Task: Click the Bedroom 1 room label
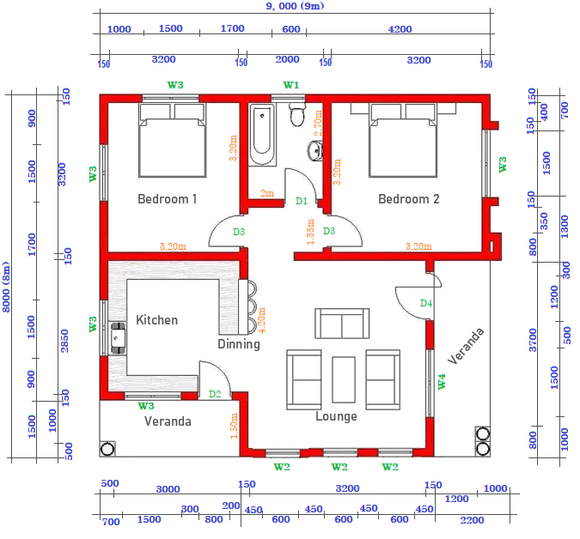[x=168, y=199]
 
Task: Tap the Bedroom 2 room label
[x=409, y=199]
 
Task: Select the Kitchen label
[x=157, y=320]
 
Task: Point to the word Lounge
[x=336, y=416]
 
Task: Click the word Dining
[x=239, y=344]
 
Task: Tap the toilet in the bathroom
[x=297, y=114]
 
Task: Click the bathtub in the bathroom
[x=262, y=135]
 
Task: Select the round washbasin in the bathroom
[x=315, y=151]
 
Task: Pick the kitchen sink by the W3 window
[x=118, y=338]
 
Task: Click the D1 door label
[x=302, y=201]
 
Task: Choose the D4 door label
[x=426, y=303]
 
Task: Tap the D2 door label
[x=215, y=394]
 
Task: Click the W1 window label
[x=290, y=85]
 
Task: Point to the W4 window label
[x=442, y=382]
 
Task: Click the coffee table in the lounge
[x=344, y=379]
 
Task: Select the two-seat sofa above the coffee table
[x=342, y=324]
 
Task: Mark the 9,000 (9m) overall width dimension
[x=295, y=6]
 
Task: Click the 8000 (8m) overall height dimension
[x=6, y=287]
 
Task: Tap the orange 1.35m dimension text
[x=310, y=232]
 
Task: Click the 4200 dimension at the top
[x=400, y=29]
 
